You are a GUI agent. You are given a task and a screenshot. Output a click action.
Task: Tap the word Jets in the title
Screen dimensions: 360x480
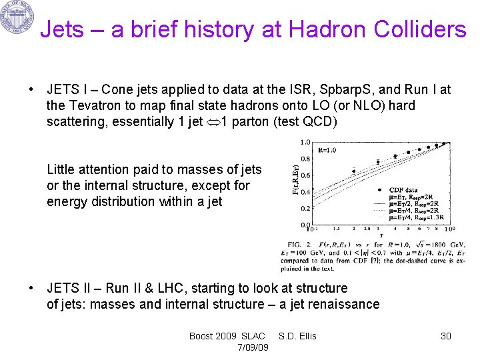tap(64, 29)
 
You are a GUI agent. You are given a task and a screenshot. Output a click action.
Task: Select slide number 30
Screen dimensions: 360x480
tap(446, 336)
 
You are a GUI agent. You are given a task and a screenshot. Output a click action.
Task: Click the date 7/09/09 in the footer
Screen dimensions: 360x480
tap(253, 347)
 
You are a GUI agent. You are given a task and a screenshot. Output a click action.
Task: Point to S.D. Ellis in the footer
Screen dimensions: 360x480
tap(297, 336)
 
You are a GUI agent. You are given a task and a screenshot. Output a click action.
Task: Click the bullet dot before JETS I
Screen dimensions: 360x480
tap(31, 89)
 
